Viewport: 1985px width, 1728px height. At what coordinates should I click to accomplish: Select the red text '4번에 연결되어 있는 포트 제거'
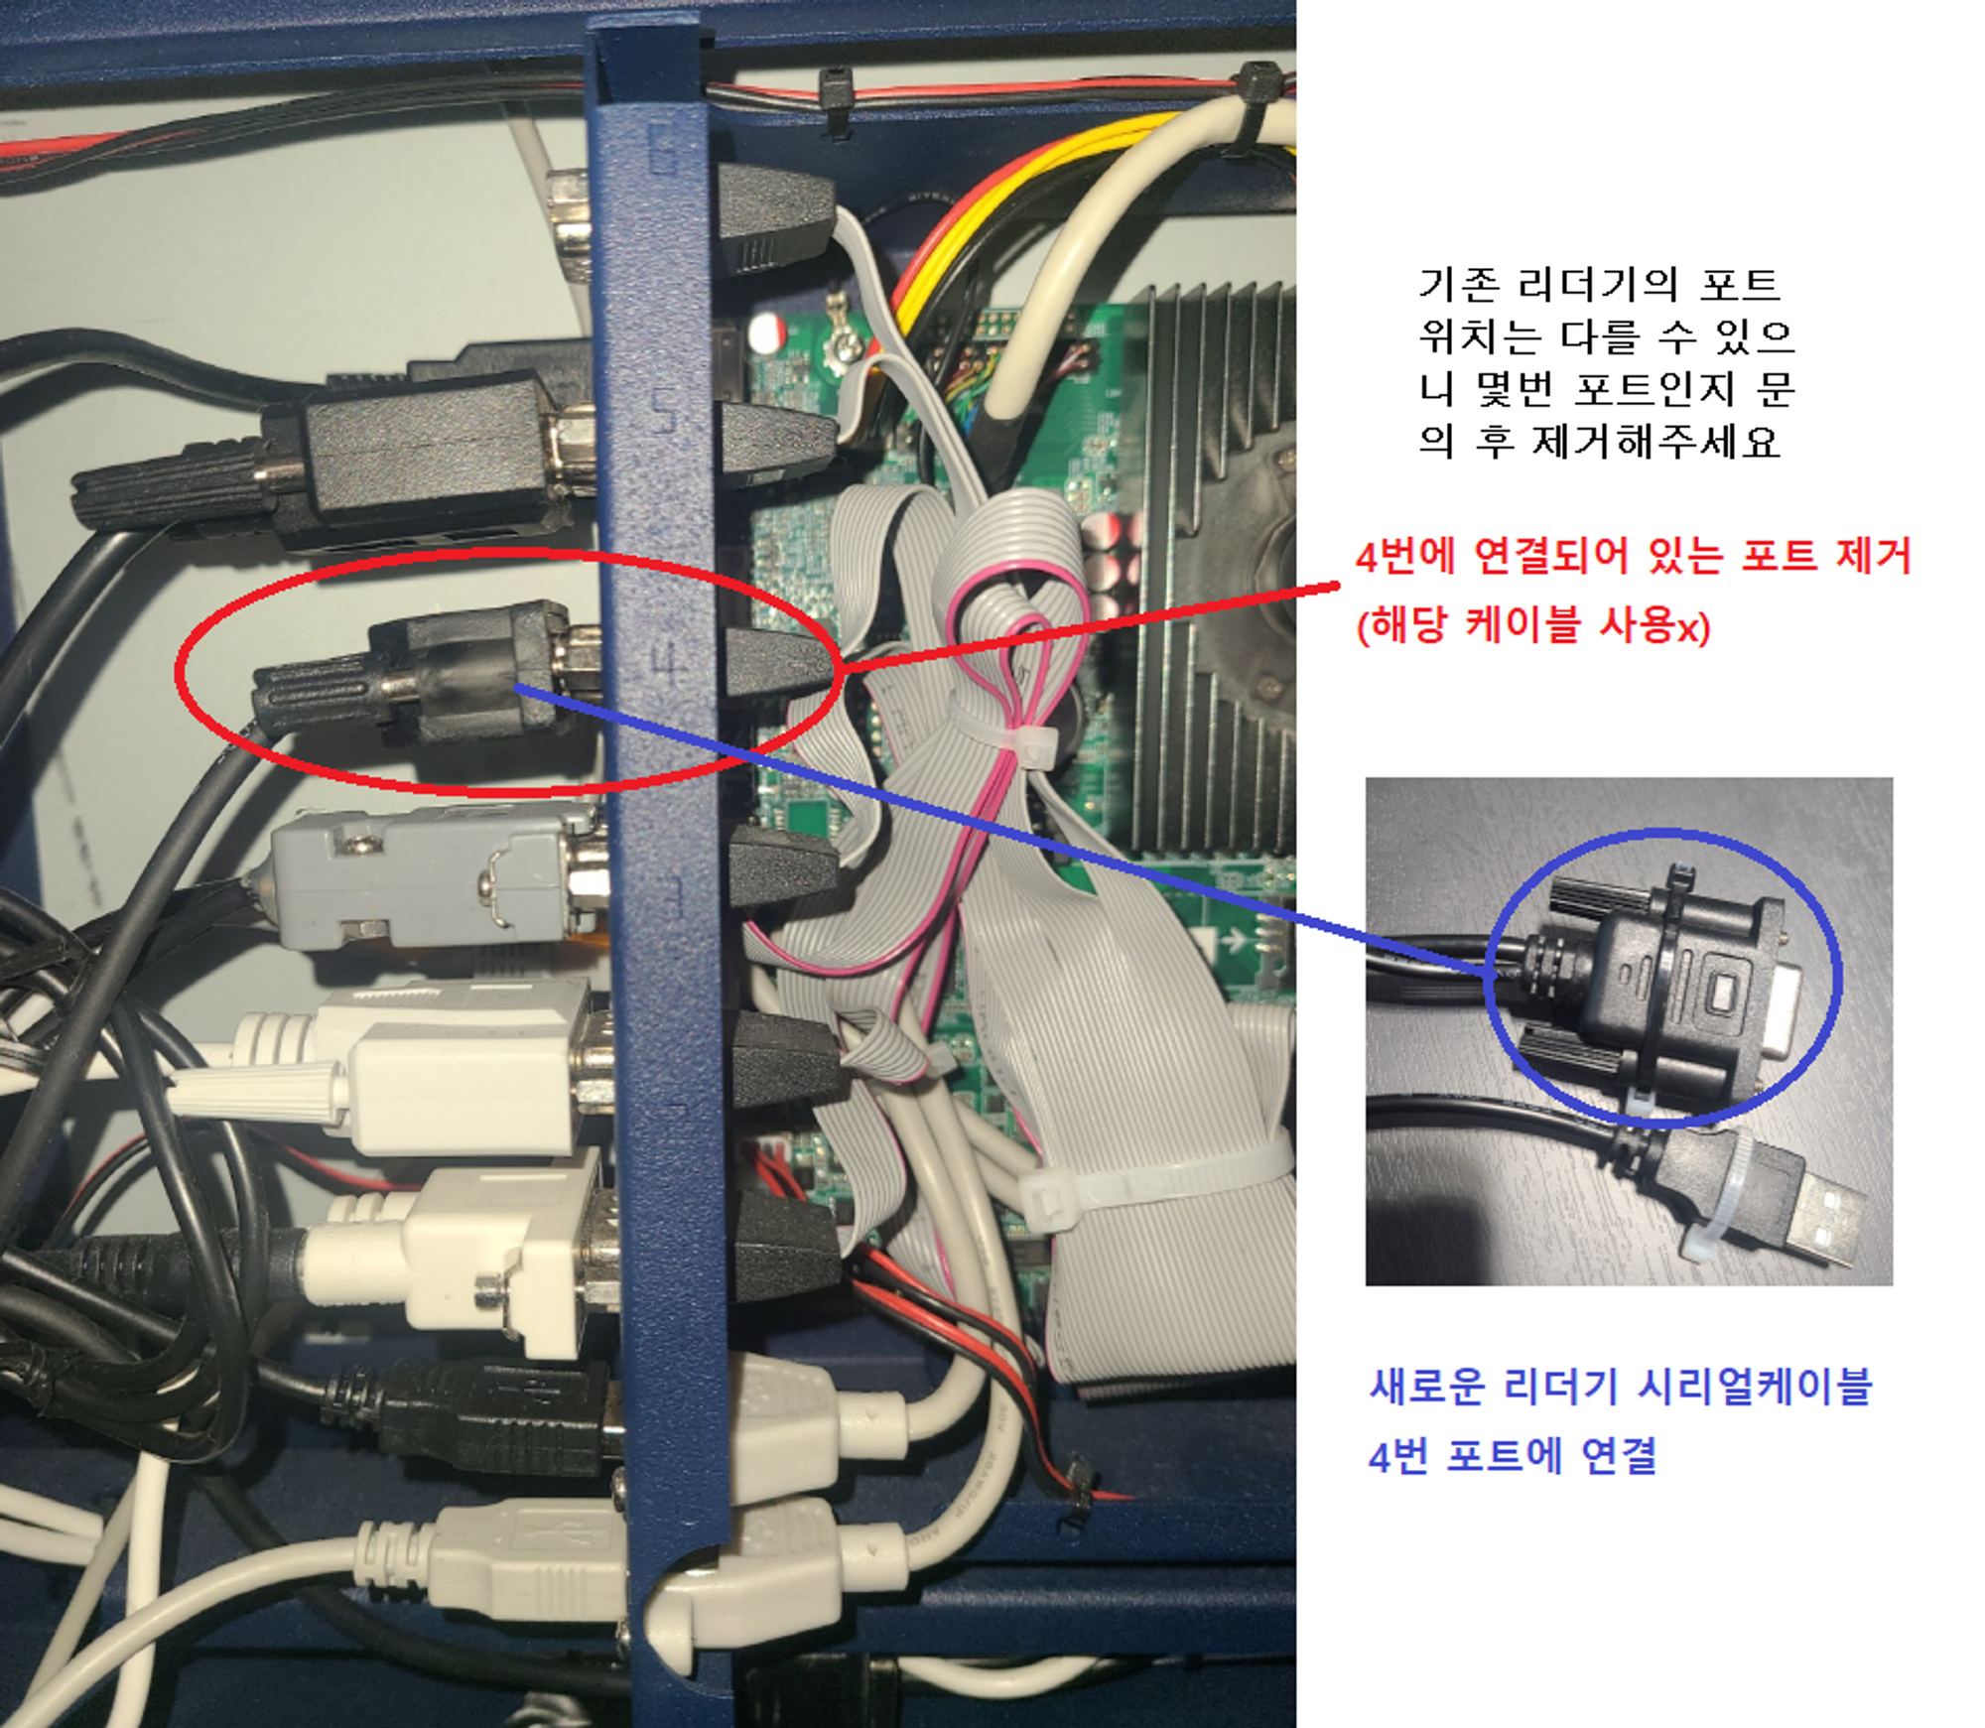click(1632, 556)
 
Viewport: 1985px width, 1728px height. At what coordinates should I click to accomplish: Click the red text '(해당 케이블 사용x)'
click(1533, 625)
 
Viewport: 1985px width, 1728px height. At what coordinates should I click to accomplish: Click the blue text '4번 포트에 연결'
click(1513, 1455)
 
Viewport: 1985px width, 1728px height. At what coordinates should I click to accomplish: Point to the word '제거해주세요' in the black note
click(1655, 441)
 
